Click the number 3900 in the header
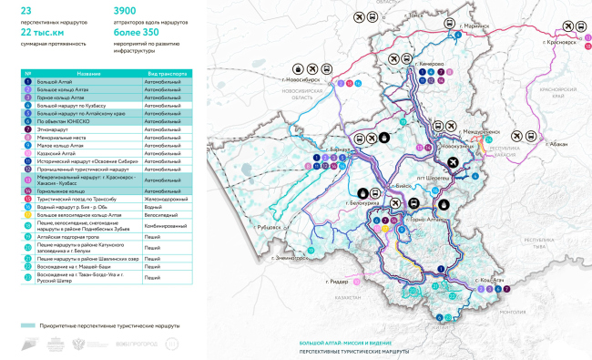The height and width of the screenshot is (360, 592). [131, 10]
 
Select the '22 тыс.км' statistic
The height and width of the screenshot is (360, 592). [42, 32]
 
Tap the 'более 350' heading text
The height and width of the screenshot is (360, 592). [137, 32]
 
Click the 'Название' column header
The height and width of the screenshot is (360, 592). [88, 73]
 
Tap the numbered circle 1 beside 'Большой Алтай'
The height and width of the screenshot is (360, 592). [28, 82]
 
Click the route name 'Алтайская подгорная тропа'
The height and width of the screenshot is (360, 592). [68, 236]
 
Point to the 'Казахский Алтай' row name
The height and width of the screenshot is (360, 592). [56, 153]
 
